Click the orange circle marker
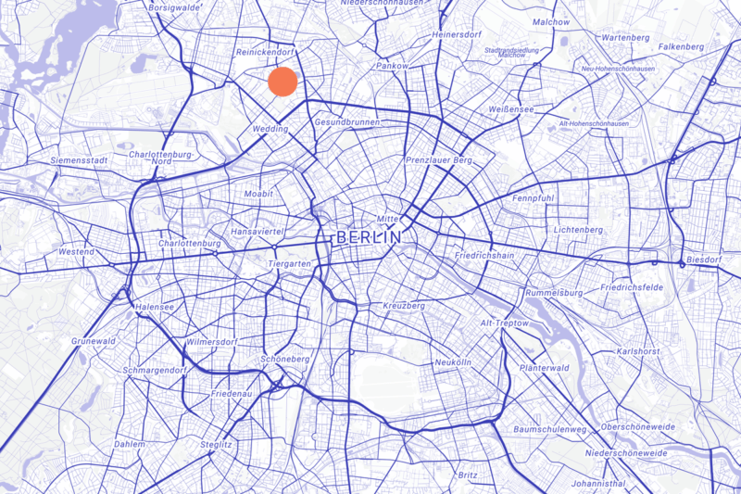pyautogui.click(x=283, y=82)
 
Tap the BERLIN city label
pyautogui.click(x=369, y=238)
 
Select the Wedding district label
pyautogui.click(x=270, y=129)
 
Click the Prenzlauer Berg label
pyautogui.click(x=439, y=160)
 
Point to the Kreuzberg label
pyautogui.click(x=403, y=306)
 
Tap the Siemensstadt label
pyautogui.click(x=80, y=160)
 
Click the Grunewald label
pyautogui.click(x=94, y=341)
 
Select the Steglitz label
pyautogui.click(x=216, y=445)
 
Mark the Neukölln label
pyautogui.click(x=453, y=361)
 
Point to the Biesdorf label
pyautogui.click(x=703, y=260)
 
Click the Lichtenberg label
pyautogui.click(x=578, y=229)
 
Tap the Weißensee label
pyautogui.click(x=510, y=109)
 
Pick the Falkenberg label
pyautogui.click(x=682, y=46)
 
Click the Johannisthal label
pyautogui.click(x=599, y=484)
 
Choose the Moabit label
pyautogui.click(x=258, y=195)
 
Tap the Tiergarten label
pyautogui.click(x=285, y=263)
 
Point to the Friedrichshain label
pyautogui.click(x=484, y=255)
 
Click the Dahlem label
pyautogui.click(x=130, y=444)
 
